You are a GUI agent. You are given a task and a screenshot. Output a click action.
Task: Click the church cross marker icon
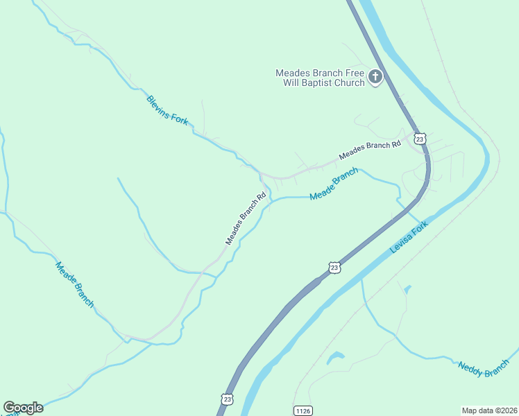(375, 77)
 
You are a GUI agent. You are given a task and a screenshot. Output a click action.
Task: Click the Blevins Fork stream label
(167, 110)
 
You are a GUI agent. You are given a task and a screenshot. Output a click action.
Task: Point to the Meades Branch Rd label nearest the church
(370, 150)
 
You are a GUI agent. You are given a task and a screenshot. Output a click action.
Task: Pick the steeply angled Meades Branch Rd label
(246, 218)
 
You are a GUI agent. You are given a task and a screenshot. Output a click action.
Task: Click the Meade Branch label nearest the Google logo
(74, 284)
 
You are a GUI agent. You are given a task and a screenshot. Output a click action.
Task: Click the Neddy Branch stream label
(484, 369)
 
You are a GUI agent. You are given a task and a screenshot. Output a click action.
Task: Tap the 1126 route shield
(301, 410)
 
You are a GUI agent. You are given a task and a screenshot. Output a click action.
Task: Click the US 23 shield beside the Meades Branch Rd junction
(420, 138)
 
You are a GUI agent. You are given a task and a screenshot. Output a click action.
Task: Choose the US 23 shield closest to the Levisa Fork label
(334, 268)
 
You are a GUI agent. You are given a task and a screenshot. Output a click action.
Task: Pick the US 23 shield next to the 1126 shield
(227, 399)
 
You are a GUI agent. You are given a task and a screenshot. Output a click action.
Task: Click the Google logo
(23, 408)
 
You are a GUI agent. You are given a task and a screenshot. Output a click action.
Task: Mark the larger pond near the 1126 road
(335, 358)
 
